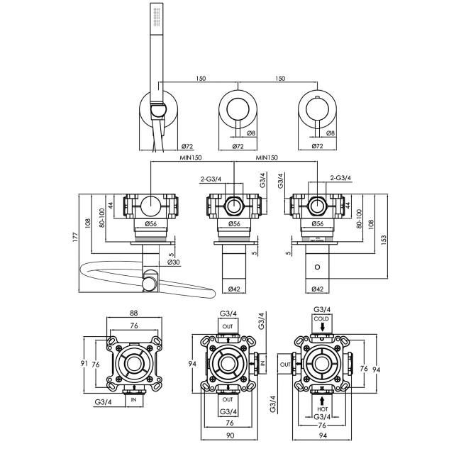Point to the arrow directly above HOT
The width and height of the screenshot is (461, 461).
tap(323, 400)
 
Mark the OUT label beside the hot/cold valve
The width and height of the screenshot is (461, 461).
tap(284, 364)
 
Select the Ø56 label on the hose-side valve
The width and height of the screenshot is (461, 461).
tap(151, 224)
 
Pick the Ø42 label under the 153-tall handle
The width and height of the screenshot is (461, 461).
tap(318, 289)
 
